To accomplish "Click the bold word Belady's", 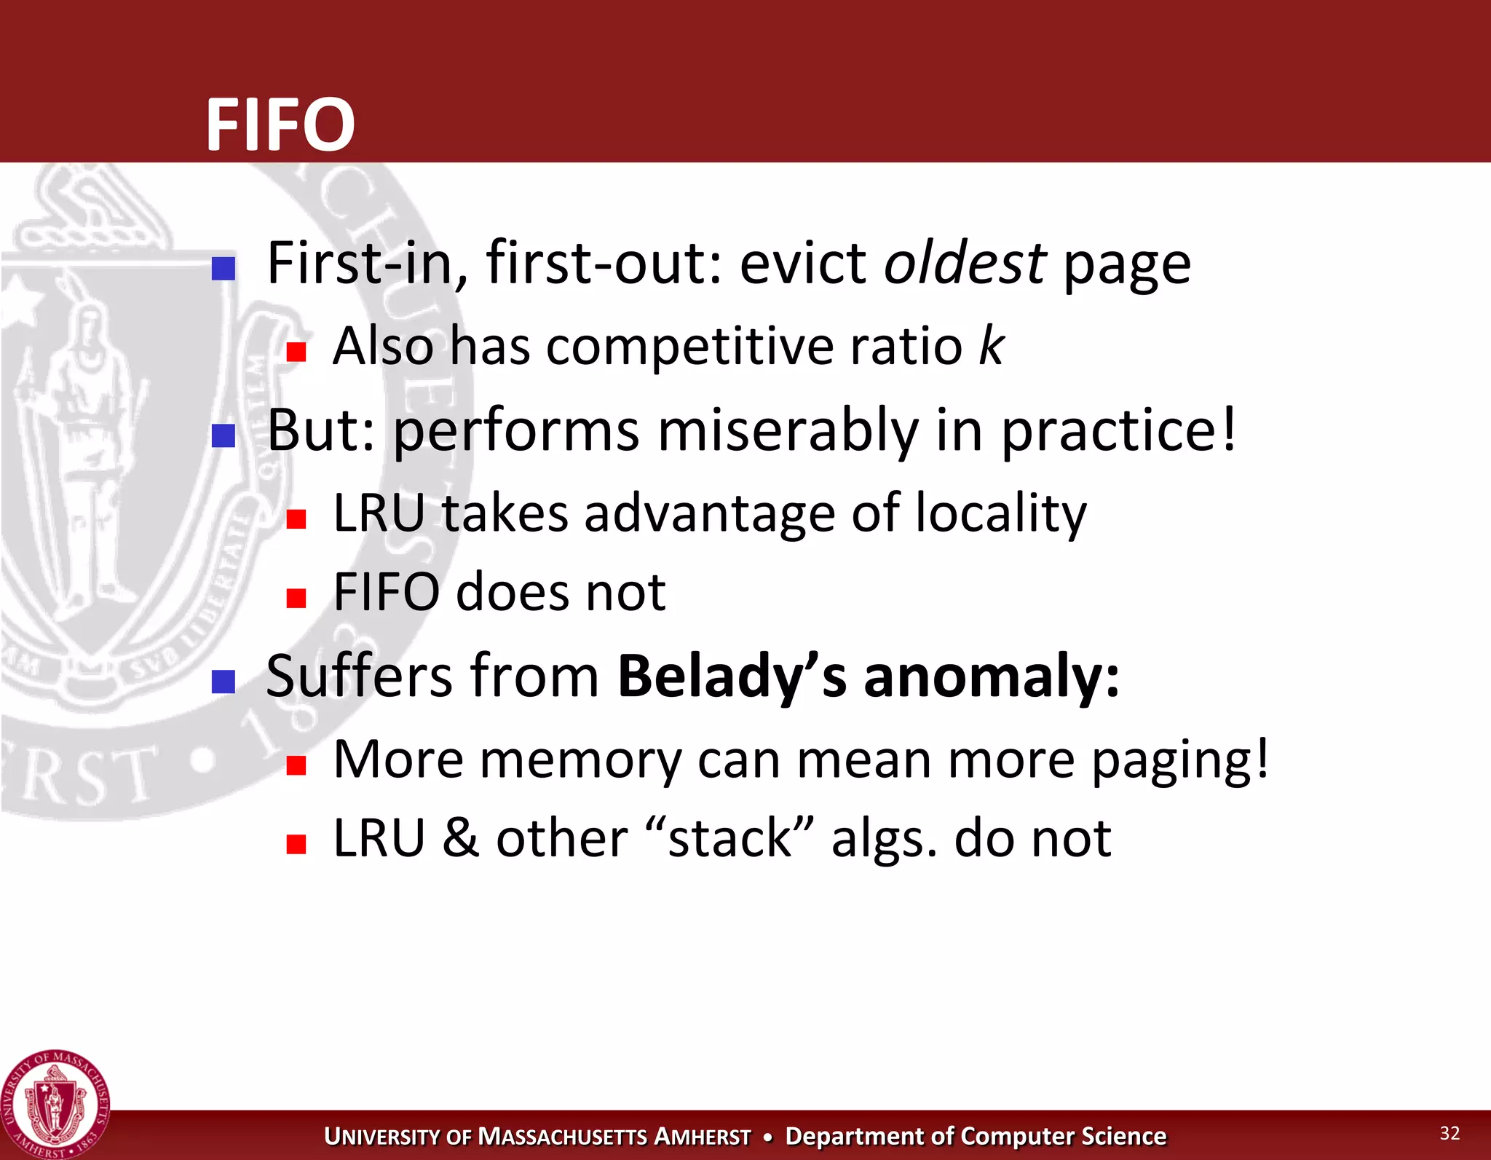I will pos(732,676).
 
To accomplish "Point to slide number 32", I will pos(1450,1133).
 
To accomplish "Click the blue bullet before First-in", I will pos(224,268).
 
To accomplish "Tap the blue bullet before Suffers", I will pos(224,682).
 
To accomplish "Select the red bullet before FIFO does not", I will pos(296,598).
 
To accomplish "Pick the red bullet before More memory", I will pos(296,765).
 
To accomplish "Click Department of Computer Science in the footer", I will pos(976,1136).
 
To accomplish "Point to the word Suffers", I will pos(359,676).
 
